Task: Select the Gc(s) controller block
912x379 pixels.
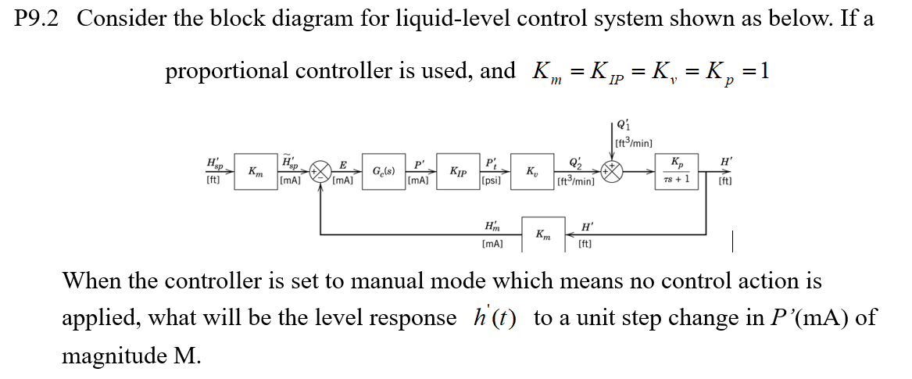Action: [383, 171]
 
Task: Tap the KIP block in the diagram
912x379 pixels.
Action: [459, 171]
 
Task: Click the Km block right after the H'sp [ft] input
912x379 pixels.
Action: [255, 171]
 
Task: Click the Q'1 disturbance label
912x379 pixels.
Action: [623, 127]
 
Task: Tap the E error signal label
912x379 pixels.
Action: [342, 165]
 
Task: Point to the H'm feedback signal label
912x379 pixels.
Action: [493, 227]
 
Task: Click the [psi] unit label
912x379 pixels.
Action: [491, 181]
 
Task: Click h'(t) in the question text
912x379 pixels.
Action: [495, 318]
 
